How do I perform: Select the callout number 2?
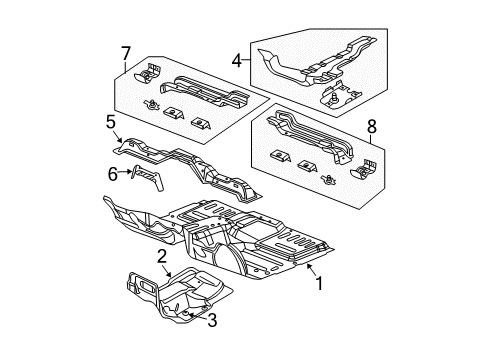[161, 257]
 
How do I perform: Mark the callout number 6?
[112, 174]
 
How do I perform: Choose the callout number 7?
[124, 51]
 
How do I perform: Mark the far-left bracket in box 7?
[152, 72]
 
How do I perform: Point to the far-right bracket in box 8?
[358, 172]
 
